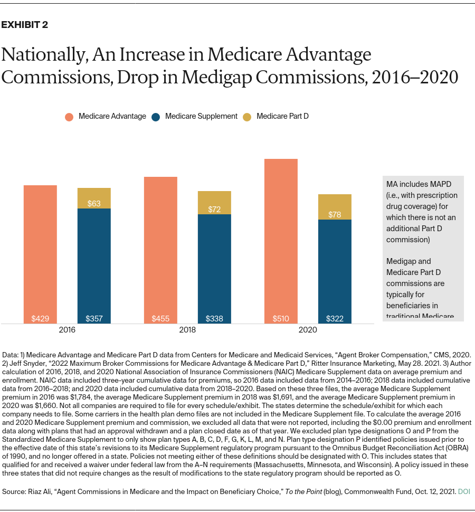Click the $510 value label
(x=281, y=319)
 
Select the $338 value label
(x=214, y=319)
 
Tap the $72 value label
(x=214, y=210)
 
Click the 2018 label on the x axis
(x=187, y=330)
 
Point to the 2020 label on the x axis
(x=308, y=330)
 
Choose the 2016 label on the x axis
(x=67, y=330)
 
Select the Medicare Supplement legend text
(x=201, y=116)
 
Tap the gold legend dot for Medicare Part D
(x=248, y=117)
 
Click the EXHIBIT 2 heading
(x=25, y=25)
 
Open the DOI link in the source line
(x=464, y=491)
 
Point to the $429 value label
(x=40, y=319)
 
